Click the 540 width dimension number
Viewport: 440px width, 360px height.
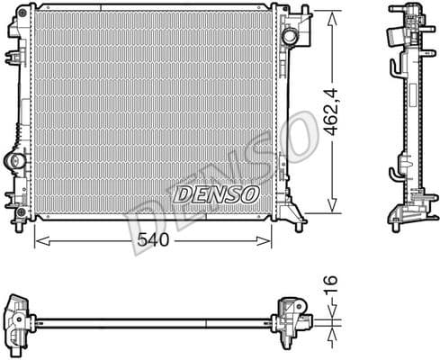coord(153,240)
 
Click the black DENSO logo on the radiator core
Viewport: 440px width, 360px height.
coord(215,193)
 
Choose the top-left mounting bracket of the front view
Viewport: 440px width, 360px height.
coord(17,27)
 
